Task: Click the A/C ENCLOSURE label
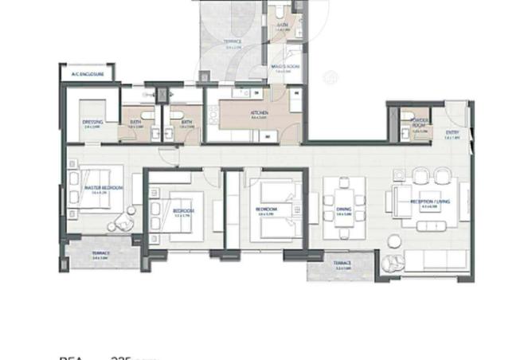[x=87, y=74]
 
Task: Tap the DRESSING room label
[x=92, y=123]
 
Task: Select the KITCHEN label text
[x=259, y=114]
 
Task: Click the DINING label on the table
[x=344, y=210]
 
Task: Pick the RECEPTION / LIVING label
[x=429, y=202]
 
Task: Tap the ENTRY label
[x=452, y=133]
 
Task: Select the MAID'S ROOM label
[x=284, y=68]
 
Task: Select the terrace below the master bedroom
[x=101, y=255]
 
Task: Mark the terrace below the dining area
[x=340, y=264]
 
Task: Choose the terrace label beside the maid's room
[x=233, y=45]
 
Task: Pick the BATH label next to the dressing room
[x=135, y=123]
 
